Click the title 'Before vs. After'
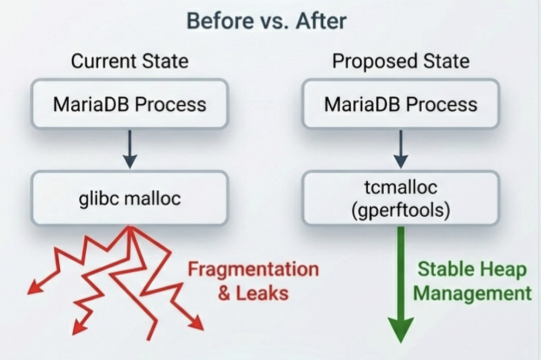click(x=267, y=22)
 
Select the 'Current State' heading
click(x=129, y=61)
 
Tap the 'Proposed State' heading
click(x=400, y=61)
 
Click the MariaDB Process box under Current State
click(x=129, y=104)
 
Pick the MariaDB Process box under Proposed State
click(x=400, y=104)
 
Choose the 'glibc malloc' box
click(x=129, y=199)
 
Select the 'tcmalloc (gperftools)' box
click(x=400, y=199)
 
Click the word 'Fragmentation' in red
click(x=254, y=270)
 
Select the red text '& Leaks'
click(x=254, y=293)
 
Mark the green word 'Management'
click(x=472, y=293)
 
